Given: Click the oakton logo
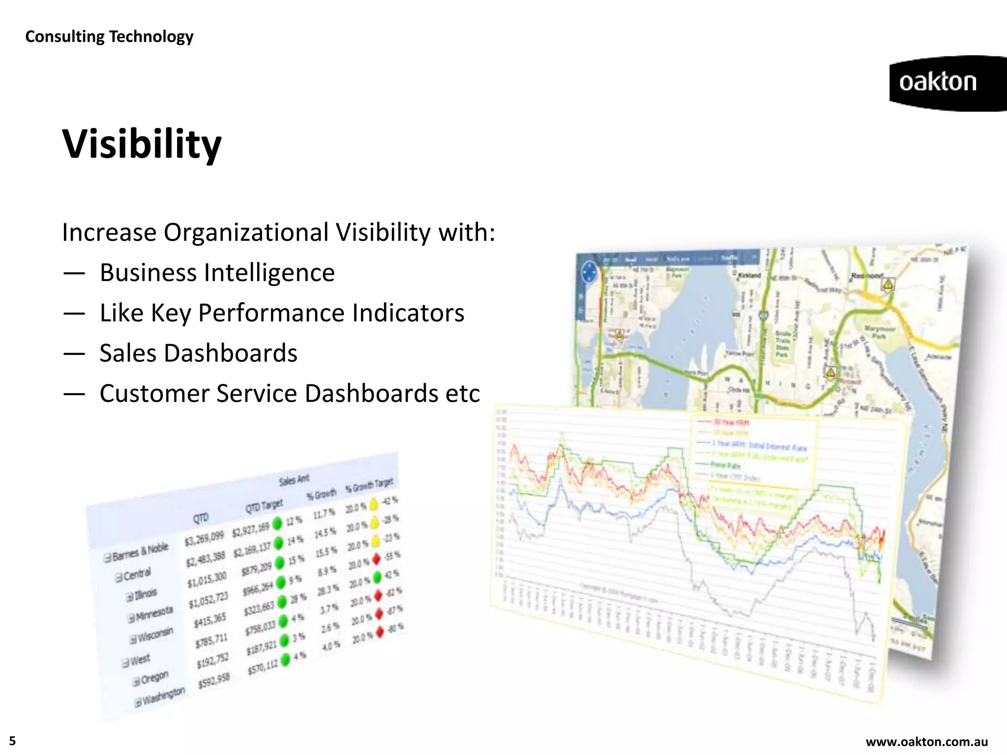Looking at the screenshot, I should (938, 83).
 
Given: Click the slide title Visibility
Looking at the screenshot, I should (142, 145).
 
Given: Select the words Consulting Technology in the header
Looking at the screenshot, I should (109, 36).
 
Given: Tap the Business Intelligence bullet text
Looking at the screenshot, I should (217, 273).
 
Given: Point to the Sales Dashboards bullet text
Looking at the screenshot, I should (198, 353).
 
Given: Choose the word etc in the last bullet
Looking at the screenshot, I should (462, 394).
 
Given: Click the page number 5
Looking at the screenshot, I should (12, 741).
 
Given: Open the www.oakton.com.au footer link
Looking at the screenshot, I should (926, 742).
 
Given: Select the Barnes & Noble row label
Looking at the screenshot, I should (140, 552).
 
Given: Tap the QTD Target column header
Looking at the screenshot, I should (264, 506).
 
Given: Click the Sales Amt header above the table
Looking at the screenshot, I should (294, 479).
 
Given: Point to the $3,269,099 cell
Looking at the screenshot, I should (204, 539).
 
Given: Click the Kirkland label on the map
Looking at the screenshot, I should (749, 275).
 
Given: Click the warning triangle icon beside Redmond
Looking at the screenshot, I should (888, 285).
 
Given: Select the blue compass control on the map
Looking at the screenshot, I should (589, 272).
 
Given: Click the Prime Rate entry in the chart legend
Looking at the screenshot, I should (726, 465).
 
